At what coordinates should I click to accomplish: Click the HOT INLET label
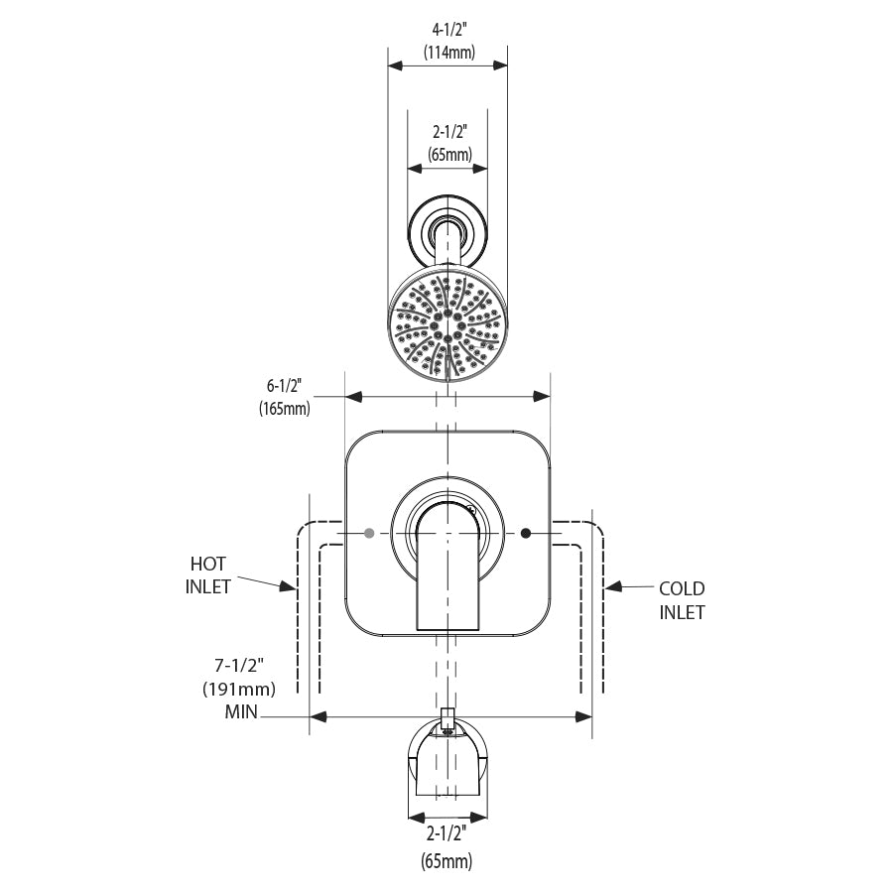click(x=208, y=575)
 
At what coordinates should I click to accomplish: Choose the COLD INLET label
click(x=683, y=600)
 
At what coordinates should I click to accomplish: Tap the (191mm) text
click(x=237, y=689)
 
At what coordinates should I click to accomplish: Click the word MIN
click(x=242, y=712)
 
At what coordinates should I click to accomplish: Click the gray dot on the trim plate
click(x=370, y=534)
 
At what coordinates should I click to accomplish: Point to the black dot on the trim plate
click(x=526, y=534)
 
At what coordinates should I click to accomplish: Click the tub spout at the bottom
click(x=447, y=764)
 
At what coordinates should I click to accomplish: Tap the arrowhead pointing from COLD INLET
click(x=612, y=587)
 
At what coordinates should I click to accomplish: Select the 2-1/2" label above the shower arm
click(x=448, y=131)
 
